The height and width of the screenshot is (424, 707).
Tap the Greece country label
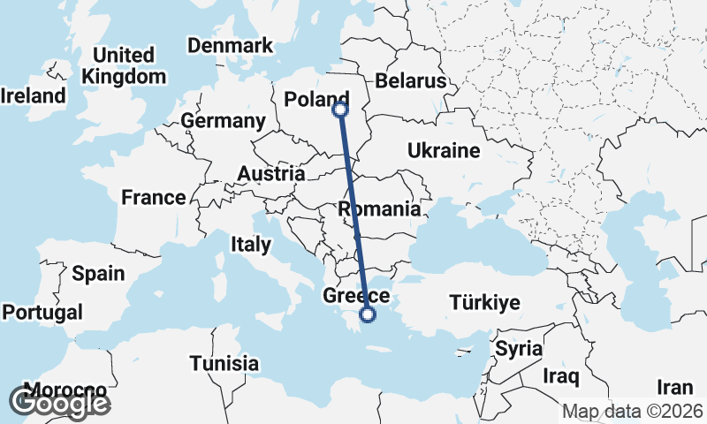[x=351, y=295]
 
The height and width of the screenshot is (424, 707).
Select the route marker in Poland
[x=340, y=110]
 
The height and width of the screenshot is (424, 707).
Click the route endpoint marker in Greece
[x=369, y=314]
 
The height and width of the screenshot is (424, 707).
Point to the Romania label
[x=380, y=209]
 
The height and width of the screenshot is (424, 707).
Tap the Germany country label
[x=223, y=121]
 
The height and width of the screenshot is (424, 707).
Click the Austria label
[x=271, y=174]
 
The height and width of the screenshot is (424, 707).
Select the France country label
[x=154, y=197]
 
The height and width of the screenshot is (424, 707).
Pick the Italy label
[x=249, y=243]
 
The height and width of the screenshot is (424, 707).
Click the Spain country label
[x=98, y=273]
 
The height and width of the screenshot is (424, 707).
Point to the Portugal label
[x=42, y=312]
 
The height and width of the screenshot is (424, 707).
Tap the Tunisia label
[x=224, y=363]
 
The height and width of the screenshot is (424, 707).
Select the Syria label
[x=518, y=348]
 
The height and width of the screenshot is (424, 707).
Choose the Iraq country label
[x=560, y=377]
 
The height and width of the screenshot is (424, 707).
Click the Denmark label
[x=229, y=46]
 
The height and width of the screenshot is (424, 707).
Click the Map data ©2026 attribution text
[x=633, y=412]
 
